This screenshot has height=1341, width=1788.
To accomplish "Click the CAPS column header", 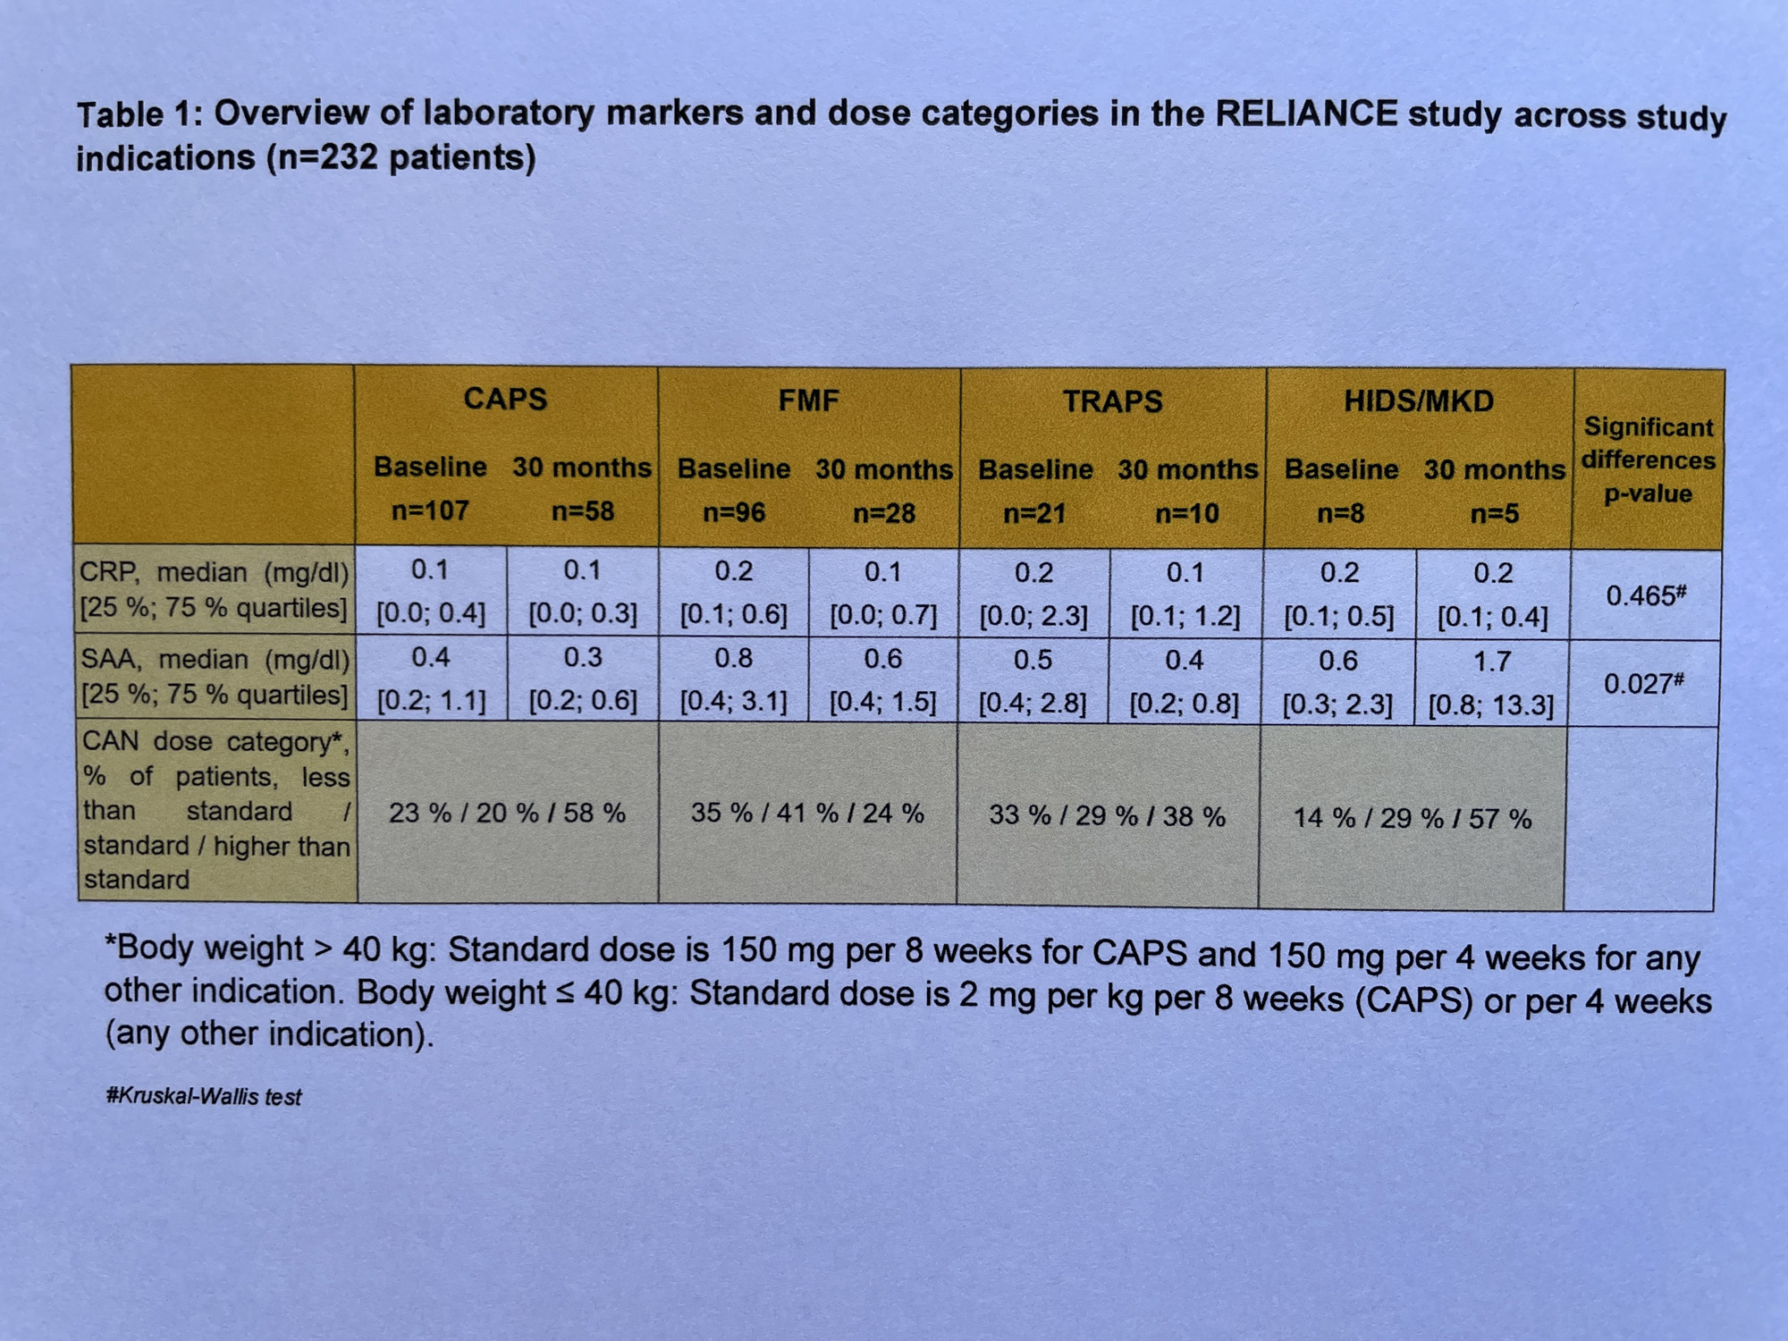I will click(x=505, y=399).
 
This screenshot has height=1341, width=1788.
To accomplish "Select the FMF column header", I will click(x=808, y=401).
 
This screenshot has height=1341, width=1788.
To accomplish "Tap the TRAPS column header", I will click(x=1112, y=401).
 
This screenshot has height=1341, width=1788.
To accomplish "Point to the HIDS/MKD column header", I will click(x=1419, y=401).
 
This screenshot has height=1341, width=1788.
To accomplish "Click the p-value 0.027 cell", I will click(x=1643, y=684).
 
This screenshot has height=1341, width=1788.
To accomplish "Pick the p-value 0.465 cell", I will click(x=1645, y=595).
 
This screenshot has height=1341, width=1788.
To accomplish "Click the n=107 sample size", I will click(x=430, y=510).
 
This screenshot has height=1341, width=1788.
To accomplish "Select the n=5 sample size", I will click(x=1494, y=514).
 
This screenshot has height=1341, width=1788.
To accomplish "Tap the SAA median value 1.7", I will click(x=1492, y=662).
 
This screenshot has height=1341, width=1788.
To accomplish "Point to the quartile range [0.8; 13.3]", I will click(x=1491, y=705).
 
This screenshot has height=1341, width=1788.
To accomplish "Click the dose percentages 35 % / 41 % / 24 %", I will click(x=807, y=814).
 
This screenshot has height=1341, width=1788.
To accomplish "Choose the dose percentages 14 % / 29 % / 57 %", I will click(x=1413, y=818).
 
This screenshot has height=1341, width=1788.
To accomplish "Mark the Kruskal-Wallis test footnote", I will click(x=204, y=1097).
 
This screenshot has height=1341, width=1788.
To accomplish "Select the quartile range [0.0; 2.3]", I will click(x=1033, y=617).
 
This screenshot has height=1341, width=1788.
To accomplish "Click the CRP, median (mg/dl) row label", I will click(x=215, y=573).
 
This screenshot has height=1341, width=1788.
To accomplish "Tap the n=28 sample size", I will click(x=883, y=513).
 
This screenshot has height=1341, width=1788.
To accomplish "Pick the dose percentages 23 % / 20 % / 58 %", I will click(x=507, y=814).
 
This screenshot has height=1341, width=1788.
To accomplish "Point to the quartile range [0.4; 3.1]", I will click(x=733, y=703).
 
